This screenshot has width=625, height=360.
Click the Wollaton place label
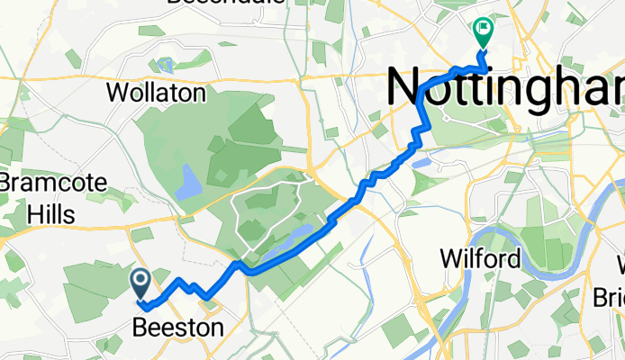point(156,93)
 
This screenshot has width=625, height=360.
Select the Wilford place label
point(480,260)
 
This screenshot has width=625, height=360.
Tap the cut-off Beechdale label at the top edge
point(226,3)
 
